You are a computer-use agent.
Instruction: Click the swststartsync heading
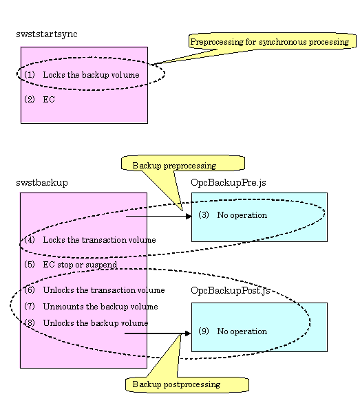point(47,34)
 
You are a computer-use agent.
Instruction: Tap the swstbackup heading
point(42,183)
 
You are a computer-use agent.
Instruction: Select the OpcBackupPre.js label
point(229,183)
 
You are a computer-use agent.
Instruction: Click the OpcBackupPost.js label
point(231,291)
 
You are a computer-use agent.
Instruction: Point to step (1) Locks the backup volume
point(82,75)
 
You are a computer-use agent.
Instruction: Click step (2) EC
point(40,100)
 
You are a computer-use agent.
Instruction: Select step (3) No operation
point(233,215)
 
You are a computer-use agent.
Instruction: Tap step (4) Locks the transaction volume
point(90,240)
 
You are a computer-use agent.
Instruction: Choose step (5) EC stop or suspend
point(71,265)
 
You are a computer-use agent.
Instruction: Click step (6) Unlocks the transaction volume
point(94,290)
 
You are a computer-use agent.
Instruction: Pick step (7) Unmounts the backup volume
point(91,307)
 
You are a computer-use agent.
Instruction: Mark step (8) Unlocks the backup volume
point(86,323)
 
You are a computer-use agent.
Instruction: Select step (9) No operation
point(233,331)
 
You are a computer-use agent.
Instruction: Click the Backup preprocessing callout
point(183,163)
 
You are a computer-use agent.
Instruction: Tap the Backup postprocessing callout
point(187,384)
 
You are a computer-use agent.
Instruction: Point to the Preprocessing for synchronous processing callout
point(273,41)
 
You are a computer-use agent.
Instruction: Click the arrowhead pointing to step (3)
point(189,217)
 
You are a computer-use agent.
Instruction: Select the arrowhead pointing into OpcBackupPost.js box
point(188,333)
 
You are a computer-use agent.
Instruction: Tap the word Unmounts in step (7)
point(63,307)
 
